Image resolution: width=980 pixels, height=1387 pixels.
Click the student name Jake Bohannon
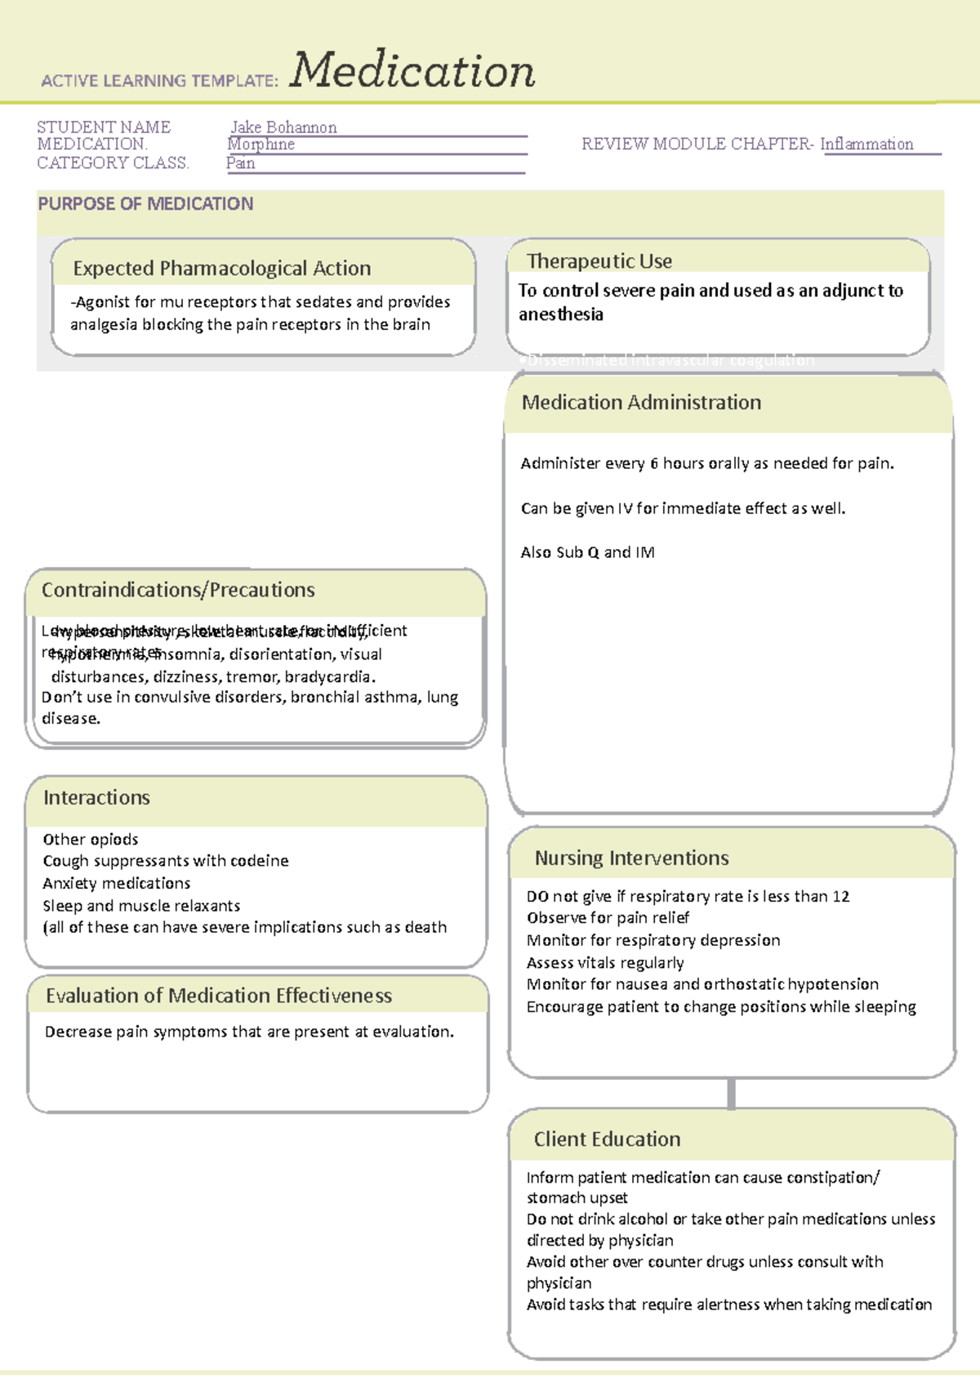283,127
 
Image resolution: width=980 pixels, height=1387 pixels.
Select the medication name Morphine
261,145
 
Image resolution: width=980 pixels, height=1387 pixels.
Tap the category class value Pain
241,163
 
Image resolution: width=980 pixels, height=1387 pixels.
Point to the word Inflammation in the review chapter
866,145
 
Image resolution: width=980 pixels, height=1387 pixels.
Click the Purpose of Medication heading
145,204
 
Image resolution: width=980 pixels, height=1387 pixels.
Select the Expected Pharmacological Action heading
221,269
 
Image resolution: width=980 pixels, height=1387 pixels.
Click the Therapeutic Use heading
599,261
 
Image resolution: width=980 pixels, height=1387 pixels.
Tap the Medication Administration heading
641,403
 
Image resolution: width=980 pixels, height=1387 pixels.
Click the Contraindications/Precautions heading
178,591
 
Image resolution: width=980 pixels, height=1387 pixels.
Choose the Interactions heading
96,798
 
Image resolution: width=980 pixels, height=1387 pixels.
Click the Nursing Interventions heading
631,859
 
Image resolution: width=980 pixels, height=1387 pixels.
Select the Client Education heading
607,1139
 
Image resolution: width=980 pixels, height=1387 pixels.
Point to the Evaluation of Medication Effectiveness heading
219,996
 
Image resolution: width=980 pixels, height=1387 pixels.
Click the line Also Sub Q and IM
587,553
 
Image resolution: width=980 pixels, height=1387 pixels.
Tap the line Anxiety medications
117,884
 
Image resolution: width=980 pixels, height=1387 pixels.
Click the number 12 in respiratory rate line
840,897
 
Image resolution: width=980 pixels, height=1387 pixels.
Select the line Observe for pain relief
608,918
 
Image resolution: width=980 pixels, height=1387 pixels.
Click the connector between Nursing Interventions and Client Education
731,1093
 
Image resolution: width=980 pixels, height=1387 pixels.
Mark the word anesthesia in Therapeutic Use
561,314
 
